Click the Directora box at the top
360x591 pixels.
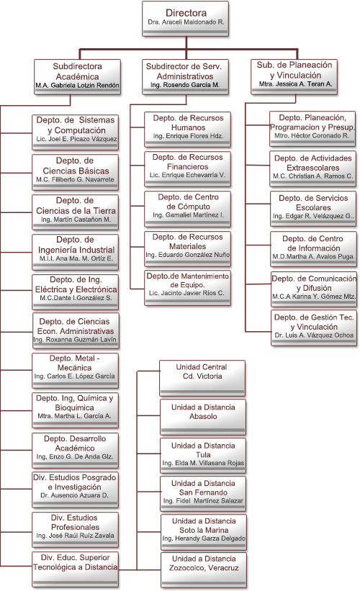tap(186, 19)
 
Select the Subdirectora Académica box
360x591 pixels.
tap(77, 77)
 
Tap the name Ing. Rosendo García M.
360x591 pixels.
tap(185, 85)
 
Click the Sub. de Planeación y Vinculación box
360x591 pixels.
tap(294, 76)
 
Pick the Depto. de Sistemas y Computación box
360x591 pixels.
tap(76, 132)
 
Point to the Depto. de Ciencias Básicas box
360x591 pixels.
tap(76, 172)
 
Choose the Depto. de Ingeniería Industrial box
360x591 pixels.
tap(76, 252)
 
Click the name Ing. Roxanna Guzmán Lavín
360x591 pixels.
tap(75, 340)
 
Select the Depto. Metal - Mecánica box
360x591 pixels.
tap(76, 371)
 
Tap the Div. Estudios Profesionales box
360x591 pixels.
tap(76, 530)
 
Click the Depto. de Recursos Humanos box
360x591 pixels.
tap(188, 130)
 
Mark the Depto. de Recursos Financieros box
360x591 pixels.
tap(188, 169)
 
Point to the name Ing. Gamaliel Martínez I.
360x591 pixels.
tap(188, 215)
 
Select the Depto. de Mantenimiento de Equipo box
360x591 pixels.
tap(188, 288)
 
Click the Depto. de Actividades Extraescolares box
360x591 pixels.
tap(313, 169)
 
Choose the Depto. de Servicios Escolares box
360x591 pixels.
tap(313, 209)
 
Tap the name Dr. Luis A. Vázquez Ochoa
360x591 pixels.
tap(314, 335)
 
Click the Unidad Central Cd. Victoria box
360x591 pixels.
tap(202, 378)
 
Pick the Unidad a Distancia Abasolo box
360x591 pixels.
tap(203, 418)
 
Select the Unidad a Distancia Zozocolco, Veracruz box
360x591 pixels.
tap(204, 570)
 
